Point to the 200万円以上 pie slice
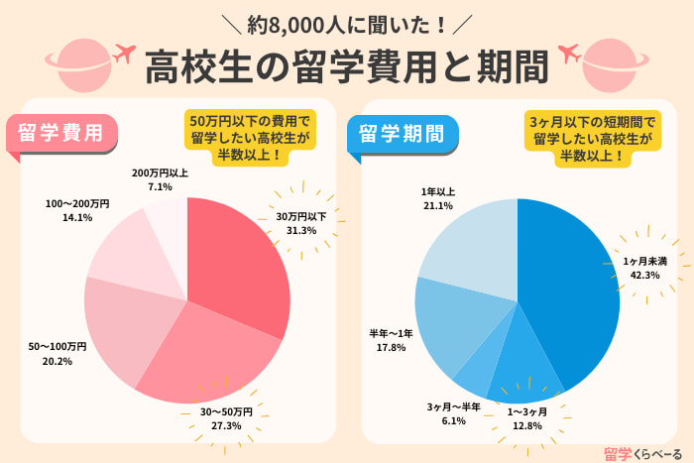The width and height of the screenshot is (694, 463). (x=169, y=223)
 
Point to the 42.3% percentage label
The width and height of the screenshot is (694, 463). (x=645, y=276)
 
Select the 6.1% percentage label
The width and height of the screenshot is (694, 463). (x=454, y=421)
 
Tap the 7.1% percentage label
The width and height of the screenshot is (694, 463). (x=160, y=186)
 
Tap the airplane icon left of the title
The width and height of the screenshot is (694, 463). (x=124, y=51)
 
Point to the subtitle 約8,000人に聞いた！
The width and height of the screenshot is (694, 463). (x=347, y=19)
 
